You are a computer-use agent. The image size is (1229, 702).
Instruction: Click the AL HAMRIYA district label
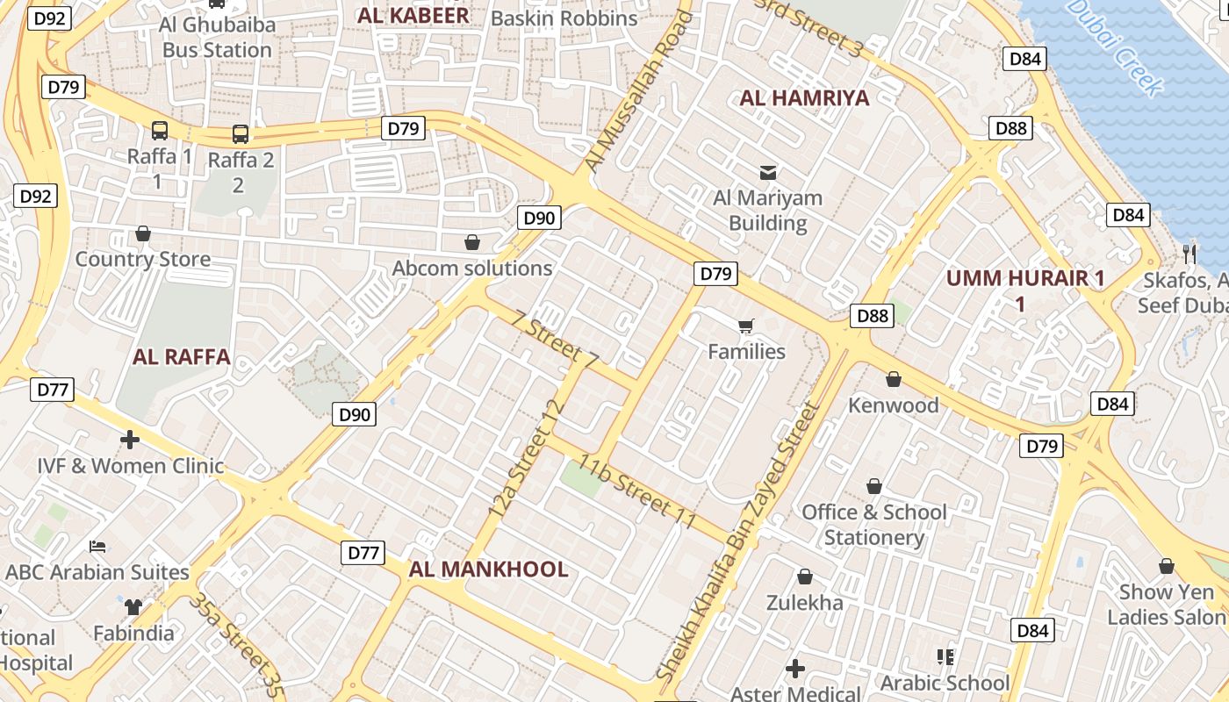804,97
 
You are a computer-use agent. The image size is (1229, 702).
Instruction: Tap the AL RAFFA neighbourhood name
182,357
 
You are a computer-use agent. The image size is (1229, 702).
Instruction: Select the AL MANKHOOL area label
488,569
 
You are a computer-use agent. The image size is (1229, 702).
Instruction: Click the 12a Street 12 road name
525,458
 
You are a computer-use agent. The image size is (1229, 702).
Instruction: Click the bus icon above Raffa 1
160,131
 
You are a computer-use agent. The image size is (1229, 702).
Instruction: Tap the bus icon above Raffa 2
240,134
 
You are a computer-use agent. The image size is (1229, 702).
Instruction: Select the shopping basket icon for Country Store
143,233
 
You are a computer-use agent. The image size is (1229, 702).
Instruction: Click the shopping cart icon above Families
746,326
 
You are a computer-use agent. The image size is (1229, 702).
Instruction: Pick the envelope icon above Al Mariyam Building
768,172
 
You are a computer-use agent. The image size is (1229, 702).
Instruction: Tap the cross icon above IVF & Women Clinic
130,439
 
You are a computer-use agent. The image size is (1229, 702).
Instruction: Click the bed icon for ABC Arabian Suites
97,547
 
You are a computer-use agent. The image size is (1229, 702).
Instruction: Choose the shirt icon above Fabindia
133,606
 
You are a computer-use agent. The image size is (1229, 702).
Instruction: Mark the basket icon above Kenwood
893,379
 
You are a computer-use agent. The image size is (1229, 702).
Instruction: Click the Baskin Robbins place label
564,18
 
